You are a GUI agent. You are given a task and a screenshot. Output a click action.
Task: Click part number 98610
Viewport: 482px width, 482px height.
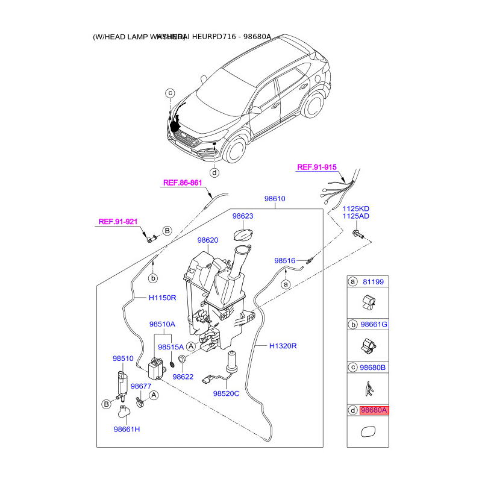[275, 199]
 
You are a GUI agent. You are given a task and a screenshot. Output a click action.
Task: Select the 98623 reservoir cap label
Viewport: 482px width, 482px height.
[243, 215]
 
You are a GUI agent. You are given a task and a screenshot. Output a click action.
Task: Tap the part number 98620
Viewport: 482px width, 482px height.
[208, 240]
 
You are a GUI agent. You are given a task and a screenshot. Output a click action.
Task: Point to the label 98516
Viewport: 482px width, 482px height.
[284, 261]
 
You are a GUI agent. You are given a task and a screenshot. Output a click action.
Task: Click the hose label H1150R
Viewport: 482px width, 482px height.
[163, 298]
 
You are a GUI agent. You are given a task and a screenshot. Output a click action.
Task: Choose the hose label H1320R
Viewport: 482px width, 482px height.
[284, 346]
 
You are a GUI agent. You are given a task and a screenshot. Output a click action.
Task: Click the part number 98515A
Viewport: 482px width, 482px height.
[171, 347]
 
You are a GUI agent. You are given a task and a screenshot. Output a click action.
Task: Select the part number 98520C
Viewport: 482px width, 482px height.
[226, 393]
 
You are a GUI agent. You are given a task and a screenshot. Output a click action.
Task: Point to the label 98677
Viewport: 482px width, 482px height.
[141, 386]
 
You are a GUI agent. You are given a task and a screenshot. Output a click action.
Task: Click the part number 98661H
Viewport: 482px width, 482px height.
[127, 430]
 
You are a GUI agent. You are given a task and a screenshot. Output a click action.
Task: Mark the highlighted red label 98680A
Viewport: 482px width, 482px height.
[374, 410]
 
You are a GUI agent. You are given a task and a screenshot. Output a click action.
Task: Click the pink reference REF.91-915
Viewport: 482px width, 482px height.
[318, 167]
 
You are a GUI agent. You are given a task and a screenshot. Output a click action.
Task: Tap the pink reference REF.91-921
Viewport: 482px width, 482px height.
[118, 222]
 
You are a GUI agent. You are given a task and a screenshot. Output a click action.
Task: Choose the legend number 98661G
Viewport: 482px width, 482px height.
[374, 325]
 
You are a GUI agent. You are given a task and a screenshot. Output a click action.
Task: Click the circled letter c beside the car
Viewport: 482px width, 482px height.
[171, 93]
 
